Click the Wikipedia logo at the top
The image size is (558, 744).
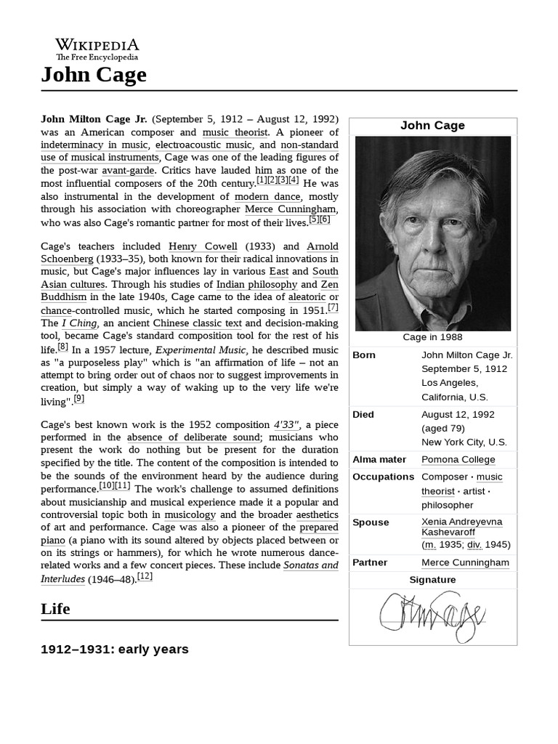(97, 49)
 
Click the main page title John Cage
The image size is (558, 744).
(94, 74)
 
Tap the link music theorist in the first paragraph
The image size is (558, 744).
(235, 132)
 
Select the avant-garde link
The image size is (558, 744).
(128, 170)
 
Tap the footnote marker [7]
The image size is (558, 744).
(333, 307)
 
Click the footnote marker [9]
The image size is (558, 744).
(79, 398)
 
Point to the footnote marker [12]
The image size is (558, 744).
(145, 576)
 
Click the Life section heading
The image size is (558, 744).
(55, 609)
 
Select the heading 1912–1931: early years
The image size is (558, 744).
(114, 649)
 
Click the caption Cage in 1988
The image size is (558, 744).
(432, 337)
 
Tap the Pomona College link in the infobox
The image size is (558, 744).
(458, 459)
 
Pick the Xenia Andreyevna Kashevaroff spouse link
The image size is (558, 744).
(461, 527)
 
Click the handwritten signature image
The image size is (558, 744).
(432, 616)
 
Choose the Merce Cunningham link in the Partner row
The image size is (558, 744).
(465, 562)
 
